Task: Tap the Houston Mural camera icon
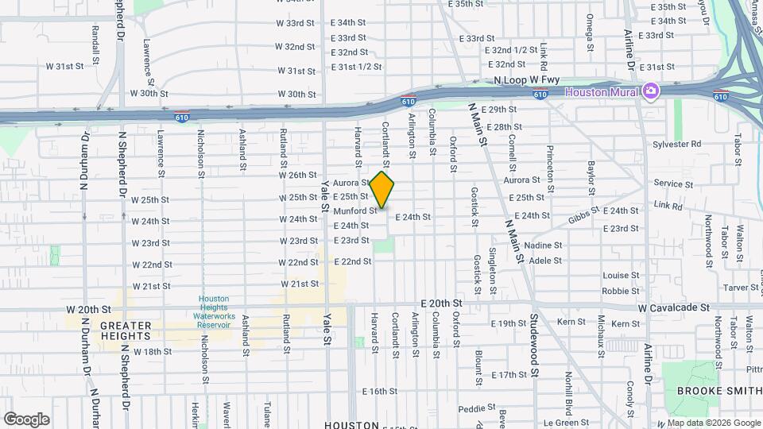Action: [651, 91]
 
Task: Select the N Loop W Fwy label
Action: [527, 80]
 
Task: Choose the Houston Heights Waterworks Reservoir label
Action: [213, 311]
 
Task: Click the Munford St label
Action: [355, 211]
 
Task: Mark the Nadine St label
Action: [544, 245]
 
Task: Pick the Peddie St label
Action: [477, 408]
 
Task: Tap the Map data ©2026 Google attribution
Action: [713, 423]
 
